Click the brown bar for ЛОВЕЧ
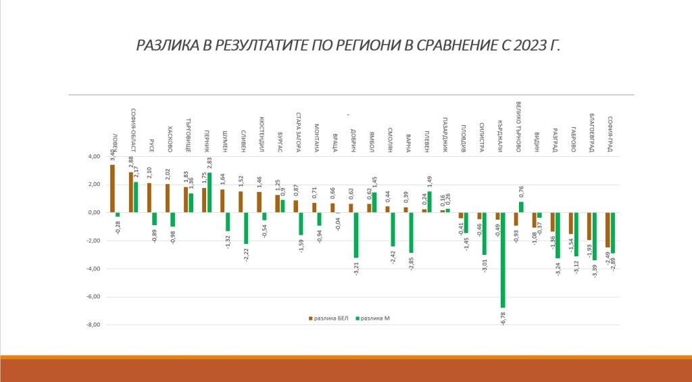point(112,189)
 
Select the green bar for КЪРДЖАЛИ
point(503,260)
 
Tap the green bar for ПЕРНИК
point(209,193)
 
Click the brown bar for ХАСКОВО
point(168,198)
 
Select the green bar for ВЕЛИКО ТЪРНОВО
point(521,207)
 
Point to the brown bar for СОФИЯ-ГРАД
point(608,229)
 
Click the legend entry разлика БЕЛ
point(328,317)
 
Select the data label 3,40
point(112,155)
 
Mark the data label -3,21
point(355,267)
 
